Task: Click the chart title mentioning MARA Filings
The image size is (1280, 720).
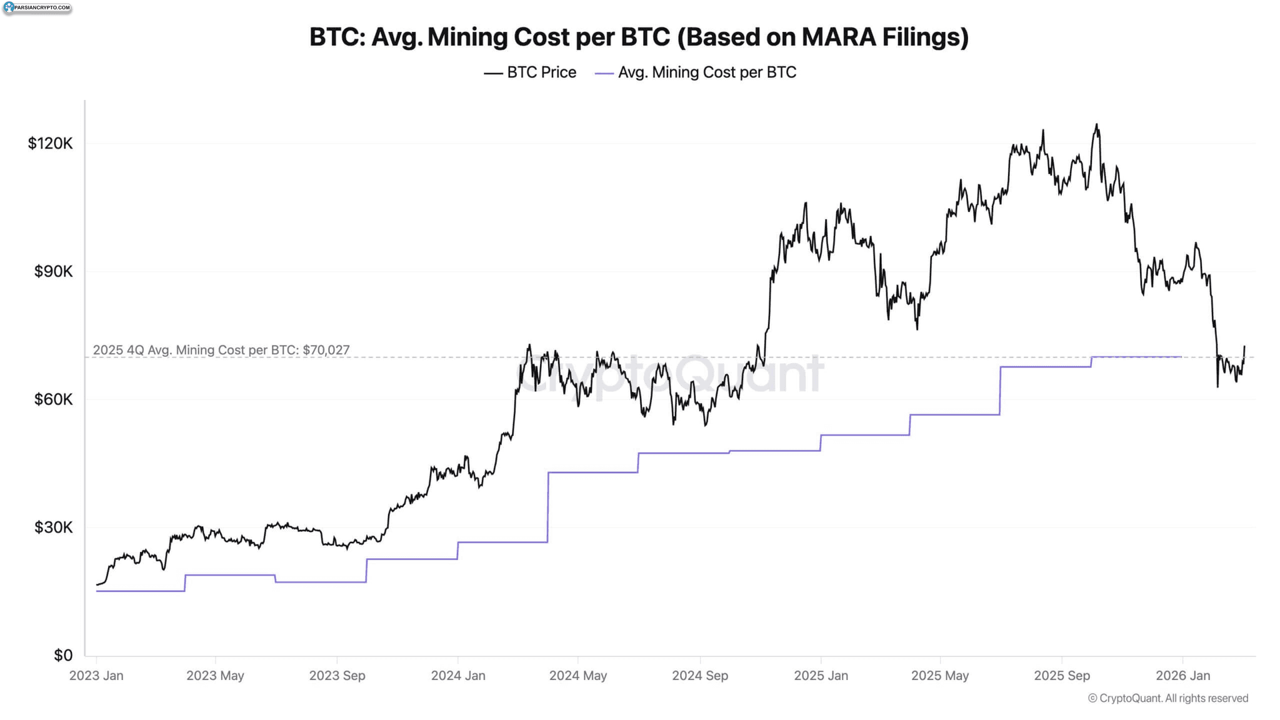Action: tap(639, 37)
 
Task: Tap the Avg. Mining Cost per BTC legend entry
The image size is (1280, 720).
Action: tap(696, 72)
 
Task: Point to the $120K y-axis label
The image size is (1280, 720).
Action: tap(50, 144)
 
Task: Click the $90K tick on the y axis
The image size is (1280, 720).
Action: tap(53, 271)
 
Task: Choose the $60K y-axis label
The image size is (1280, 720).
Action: tap(53, 399)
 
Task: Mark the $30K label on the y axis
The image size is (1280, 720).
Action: tap(53, 527)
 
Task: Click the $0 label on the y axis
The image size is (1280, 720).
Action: tap(63, 655)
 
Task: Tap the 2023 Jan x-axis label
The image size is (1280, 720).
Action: tap(96, 676)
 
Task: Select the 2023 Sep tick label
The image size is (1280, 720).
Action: tap(337, 676)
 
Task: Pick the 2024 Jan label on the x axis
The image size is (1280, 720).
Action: tap(458, 676)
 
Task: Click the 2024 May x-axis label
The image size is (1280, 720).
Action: tap(578, 676)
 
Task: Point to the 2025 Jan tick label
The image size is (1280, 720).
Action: tap(821, 676)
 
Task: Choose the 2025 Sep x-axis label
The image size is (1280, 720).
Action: tap(1061, 676)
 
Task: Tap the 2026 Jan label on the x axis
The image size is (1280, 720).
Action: tap(1182, 676)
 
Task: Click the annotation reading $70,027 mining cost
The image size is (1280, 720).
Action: tap(221, 350)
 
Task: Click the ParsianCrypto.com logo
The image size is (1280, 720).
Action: tap(37, 8)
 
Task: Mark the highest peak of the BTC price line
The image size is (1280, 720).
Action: tap(1096, 124)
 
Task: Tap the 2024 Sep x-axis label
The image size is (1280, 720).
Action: tap(700, 676)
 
